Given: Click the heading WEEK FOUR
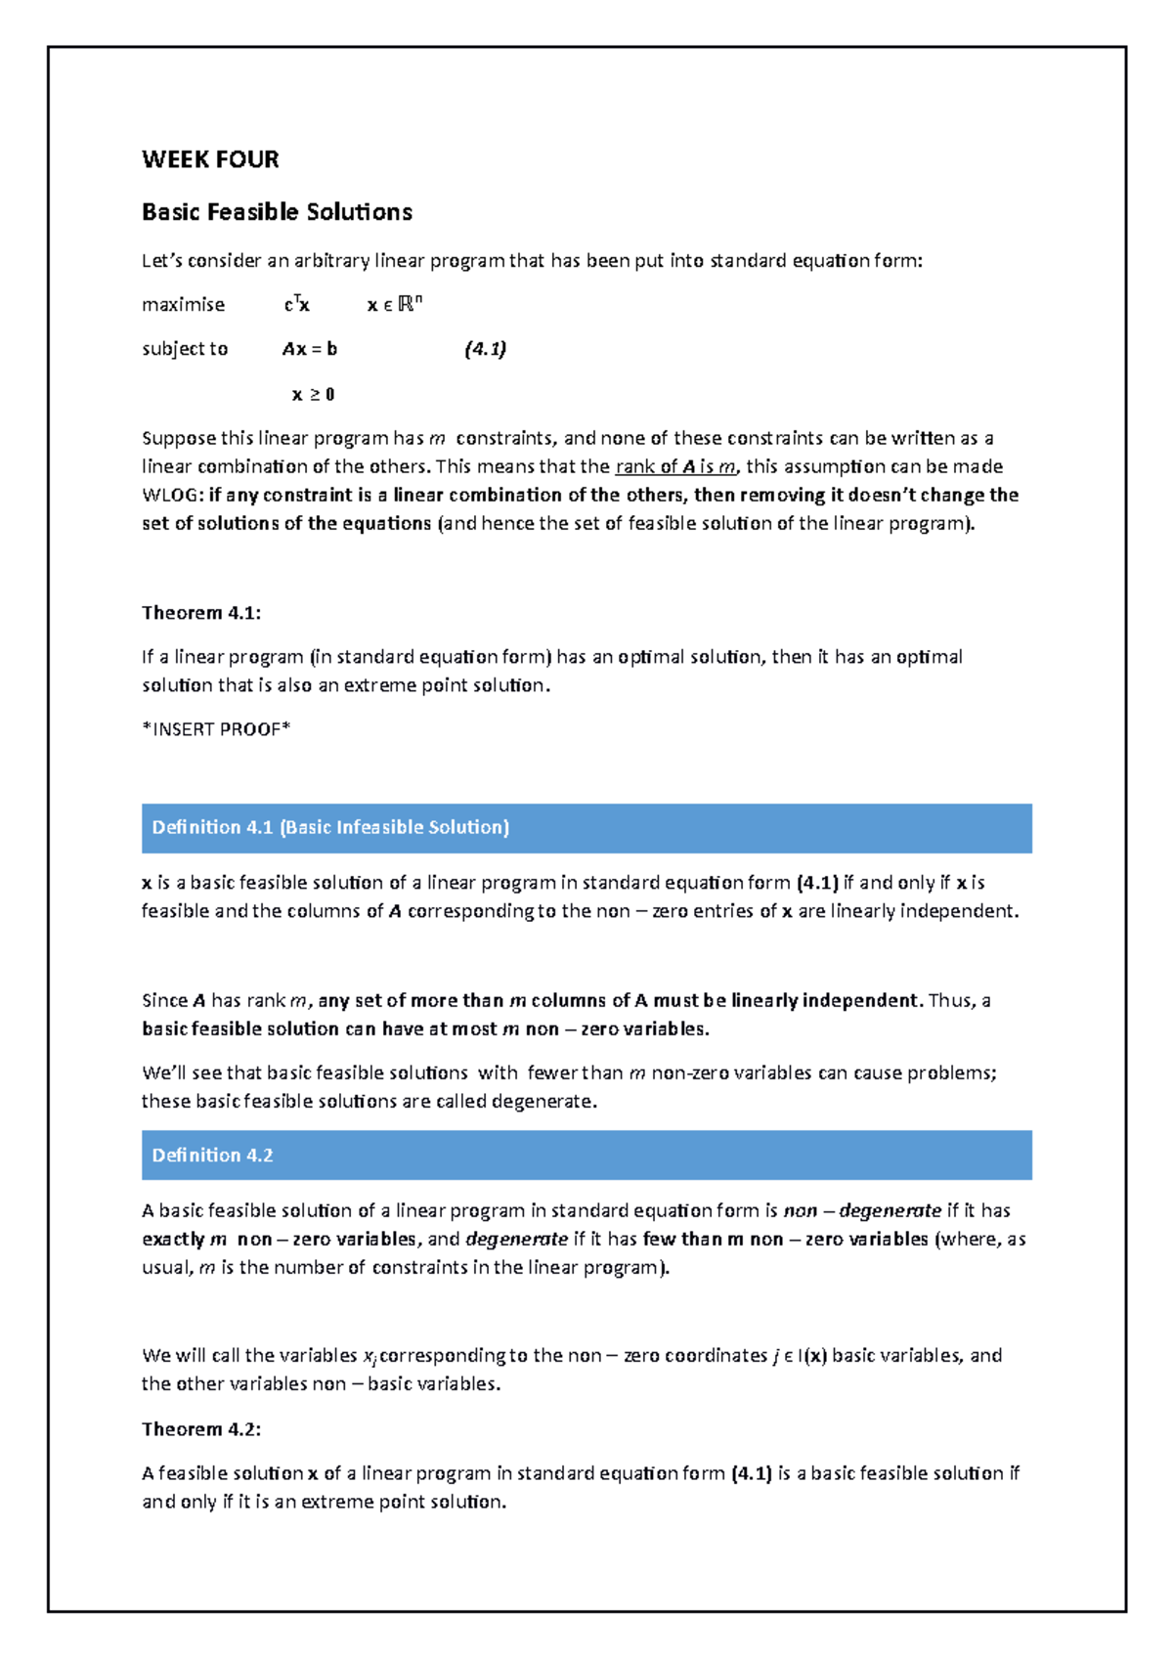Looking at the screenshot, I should click(210, 159).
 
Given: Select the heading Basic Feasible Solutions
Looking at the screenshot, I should click(277, 212).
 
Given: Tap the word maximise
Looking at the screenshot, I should click(183, 305).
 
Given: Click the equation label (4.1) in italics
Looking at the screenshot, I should click(485, 349).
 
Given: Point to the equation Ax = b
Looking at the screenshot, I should click(310, 349).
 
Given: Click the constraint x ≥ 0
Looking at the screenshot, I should click(313, 395).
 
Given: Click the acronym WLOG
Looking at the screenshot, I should click(171, 496).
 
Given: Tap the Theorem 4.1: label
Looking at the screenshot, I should click(201, 613).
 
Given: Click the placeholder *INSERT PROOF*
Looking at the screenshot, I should click(216, 729).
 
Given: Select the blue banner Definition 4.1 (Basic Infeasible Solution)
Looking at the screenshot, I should click(586, 828).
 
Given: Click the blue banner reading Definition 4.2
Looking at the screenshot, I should click(586, 1156).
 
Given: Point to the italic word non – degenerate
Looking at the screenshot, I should click(862, 1211).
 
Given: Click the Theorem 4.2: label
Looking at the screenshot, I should click(201, 1429).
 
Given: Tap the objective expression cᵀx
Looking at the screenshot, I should click(296, 305).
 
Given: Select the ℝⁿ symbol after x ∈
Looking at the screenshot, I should click(410, 304).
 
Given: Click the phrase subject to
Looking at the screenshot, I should click(185, 349).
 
